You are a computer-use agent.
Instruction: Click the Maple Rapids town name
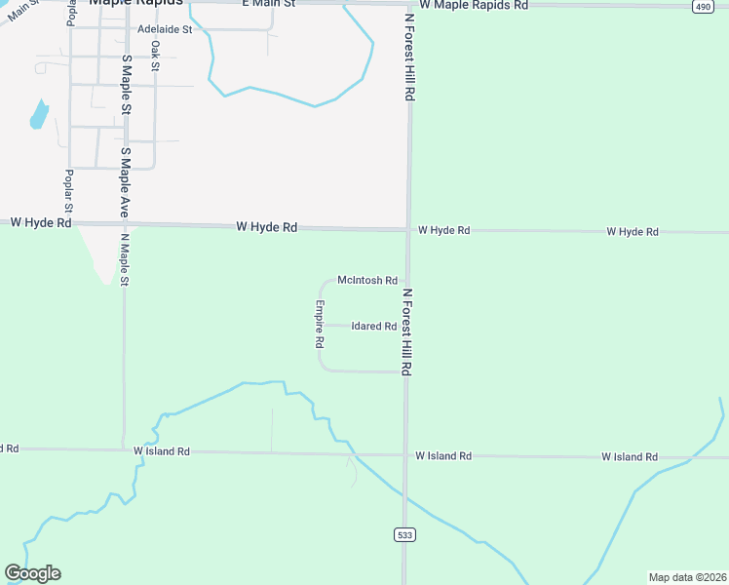pyautogui.click(x=135, y=3)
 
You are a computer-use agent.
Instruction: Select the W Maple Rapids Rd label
pyautogui.click(x=480, y=5)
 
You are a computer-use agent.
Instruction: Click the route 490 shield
pyautogui.click(x=702, y=6)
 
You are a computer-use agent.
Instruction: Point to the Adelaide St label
pyautogui.click(x=166, y=29)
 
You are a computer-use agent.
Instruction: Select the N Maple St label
pyautogui.click(x=125, y=258)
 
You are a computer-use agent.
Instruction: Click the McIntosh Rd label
pyautogui.click(x=366, y=280)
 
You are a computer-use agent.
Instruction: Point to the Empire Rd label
pyautogui.click(x=319, y=324)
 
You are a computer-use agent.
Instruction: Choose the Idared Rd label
pyautogui.click(x=373, y=327)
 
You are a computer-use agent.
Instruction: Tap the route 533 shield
pyautogui.click(x=404, y=534)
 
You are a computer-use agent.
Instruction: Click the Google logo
pyautogui.click(x=32, y=573)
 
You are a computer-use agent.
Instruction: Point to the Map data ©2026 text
pyautogui.click(x=687, y=577)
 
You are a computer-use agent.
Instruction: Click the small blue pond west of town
pyautogui.click(x=39, y=115)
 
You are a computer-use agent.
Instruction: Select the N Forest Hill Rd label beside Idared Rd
pyautogui.click(x=407, y=332)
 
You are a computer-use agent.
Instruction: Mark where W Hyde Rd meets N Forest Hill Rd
pyautogui.click(x=407, y=230)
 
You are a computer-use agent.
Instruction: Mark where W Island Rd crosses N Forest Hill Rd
pyautogui.click(x=404, y=455)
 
